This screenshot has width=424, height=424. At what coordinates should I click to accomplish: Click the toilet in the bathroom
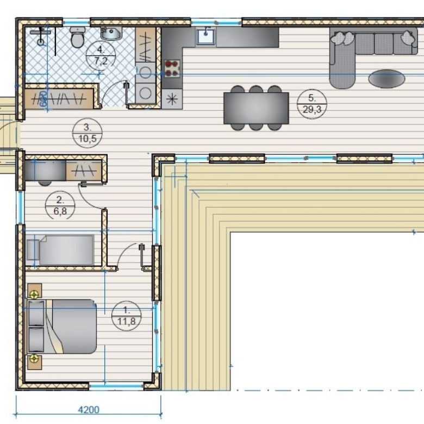click(77, 38)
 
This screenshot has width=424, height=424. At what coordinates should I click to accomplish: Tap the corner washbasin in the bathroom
click(111, 34)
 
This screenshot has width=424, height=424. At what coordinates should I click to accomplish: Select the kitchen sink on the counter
click(206, 36)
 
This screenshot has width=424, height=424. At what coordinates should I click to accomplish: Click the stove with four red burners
click(172, 68)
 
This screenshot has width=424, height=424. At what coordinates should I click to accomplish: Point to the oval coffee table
click(386, 79)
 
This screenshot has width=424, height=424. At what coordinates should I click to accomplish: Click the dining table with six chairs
click(256, 108)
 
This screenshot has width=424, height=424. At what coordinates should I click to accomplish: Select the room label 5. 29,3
click(312, 104)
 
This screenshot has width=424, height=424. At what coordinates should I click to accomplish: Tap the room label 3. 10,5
click(88, 133)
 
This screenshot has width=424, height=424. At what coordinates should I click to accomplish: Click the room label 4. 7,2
click(101, 55)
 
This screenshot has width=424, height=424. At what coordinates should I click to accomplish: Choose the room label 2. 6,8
click(60, 206)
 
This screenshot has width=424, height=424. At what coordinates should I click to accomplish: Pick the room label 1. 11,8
click(126, 316)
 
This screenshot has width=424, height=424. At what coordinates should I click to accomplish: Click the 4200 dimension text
click(89, 410)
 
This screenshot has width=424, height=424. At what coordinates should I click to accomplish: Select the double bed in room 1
click(61, 326)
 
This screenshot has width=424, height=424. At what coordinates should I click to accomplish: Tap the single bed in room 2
click(60, 250)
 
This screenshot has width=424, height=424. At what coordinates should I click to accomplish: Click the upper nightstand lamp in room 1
click(34, 294)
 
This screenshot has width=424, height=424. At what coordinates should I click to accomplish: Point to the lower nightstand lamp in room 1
click(34, 359)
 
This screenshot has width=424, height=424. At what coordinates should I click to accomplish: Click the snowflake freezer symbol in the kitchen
click(172, 99)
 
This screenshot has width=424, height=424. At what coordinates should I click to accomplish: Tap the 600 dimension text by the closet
click(43, 99)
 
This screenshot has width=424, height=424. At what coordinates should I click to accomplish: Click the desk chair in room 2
click(45, 183)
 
